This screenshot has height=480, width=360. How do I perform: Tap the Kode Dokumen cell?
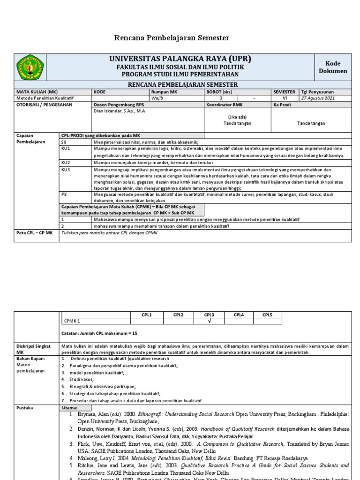pos(333,67)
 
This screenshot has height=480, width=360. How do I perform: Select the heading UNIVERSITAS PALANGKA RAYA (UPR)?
pos(180,59)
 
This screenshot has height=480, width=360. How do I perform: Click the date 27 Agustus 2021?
pos(318,98)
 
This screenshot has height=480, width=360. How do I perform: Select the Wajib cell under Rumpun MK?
pos(158,98)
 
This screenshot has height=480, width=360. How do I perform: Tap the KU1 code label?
pos(66,149)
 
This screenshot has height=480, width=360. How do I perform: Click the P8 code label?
pos(65,194)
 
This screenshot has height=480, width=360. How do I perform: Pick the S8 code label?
pos(65,142)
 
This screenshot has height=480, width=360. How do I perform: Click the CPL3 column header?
pos(209,315)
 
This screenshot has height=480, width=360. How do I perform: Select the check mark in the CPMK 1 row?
pos(209,322)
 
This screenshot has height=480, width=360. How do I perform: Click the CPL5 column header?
pos(267,315)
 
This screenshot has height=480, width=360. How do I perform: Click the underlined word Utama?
pos(69,408)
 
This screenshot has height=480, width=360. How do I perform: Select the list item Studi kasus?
pos(81,379)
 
